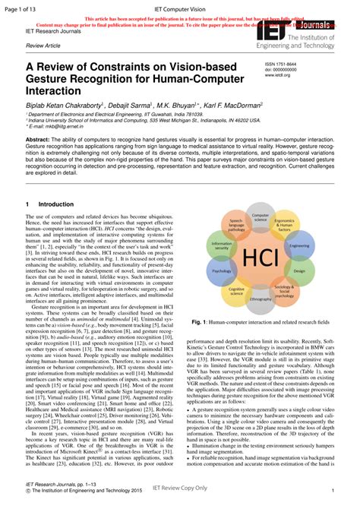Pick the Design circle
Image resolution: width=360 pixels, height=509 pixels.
299,270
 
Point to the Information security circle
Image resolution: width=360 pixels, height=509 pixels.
221,246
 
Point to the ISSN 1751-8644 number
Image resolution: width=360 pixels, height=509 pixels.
282,65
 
